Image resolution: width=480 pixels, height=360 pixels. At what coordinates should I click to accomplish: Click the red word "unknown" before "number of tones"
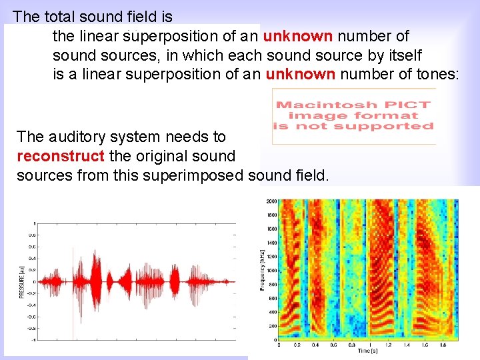coord(300,74)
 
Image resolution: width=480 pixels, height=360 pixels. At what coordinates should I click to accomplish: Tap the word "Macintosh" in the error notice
coord(324,105)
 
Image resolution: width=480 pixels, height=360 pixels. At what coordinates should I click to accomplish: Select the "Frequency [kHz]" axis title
coord(261,270)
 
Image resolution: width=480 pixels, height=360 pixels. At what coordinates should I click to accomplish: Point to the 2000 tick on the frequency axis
coord(271,201)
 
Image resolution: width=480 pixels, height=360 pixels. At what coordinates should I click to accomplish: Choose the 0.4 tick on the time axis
coord(315,345)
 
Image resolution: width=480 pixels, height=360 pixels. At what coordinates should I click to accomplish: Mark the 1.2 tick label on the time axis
coord(389,345)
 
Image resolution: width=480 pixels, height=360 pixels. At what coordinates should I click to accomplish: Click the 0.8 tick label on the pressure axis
coord(31,235)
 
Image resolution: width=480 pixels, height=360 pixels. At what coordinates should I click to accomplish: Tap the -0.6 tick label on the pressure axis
coord(31,317)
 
